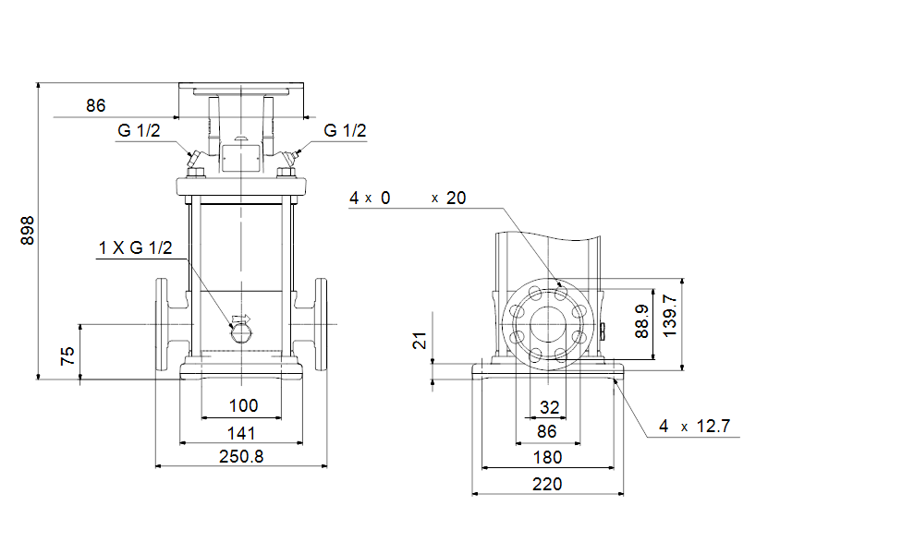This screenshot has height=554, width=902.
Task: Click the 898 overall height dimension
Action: coord(27,231)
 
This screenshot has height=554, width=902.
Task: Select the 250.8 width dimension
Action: coord(241,456)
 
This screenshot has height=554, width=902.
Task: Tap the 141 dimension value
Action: coord(241,432)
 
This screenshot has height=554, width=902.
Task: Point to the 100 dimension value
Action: coord(243,405)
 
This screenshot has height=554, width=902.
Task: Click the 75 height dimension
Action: coord(67,356)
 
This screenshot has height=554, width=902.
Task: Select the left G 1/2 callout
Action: coord(139,130)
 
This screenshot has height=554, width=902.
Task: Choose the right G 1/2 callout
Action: coord(345,130)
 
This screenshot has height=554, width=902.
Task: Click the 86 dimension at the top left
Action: coord(96,105)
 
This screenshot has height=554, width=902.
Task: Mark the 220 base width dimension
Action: coord(547,483)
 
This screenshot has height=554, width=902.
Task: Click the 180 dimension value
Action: coord(548,457)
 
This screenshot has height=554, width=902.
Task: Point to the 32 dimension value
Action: coord(549,406)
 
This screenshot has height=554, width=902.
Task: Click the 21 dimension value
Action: coord(421,343)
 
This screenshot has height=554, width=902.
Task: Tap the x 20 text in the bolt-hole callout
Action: coord(449,198)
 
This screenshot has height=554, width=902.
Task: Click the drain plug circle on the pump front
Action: coord(240,330)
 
